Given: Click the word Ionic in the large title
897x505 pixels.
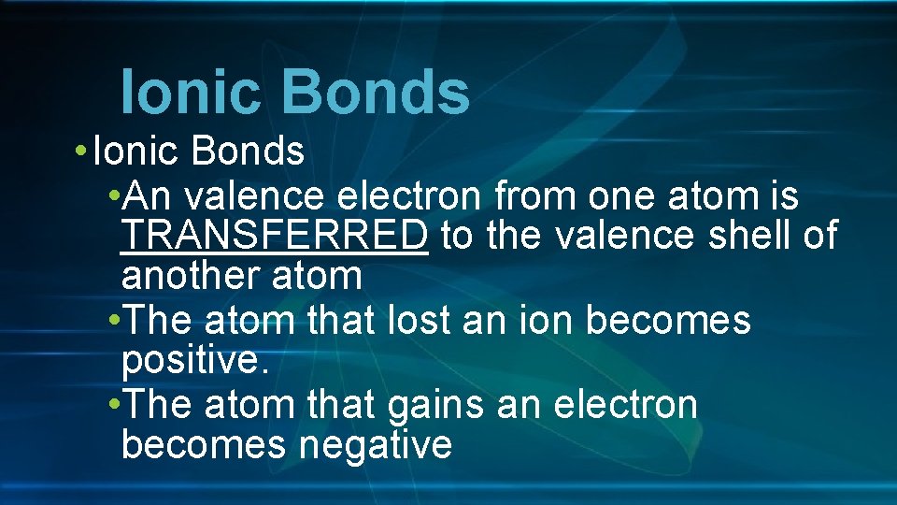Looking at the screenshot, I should [190, 93].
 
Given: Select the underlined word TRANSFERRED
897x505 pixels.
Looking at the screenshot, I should [275, 237].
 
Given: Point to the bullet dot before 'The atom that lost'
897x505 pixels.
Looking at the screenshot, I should [113, 321].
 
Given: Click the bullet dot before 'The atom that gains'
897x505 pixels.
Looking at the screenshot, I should [113, 405].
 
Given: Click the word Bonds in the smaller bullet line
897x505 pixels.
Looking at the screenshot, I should [255, 151].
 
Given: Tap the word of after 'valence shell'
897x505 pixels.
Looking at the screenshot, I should [819, 237].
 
